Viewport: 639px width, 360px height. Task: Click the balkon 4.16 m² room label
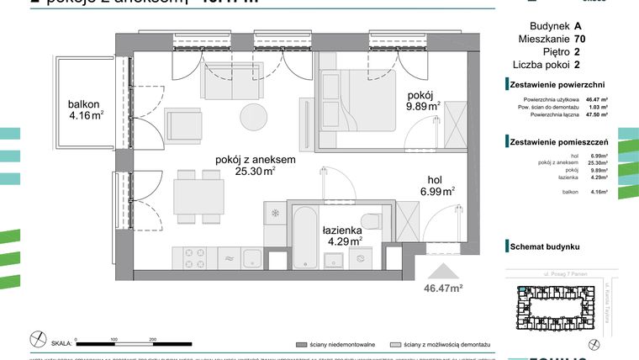[x=86, y=111]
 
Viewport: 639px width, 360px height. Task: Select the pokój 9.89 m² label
[x=424, y=101]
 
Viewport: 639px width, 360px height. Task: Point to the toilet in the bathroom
[x=375, y=217]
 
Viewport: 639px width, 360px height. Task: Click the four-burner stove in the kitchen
[x=190, y=257]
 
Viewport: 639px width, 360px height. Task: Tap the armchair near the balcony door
[x=181, y=126]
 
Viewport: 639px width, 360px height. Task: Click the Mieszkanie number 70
[x=580, y=39]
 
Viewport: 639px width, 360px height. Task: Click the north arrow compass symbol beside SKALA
[x=37, y=338]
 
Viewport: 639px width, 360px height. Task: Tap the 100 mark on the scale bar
[x=113, y=339]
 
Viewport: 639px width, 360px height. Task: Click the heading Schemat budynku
[x=544, y=246]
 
